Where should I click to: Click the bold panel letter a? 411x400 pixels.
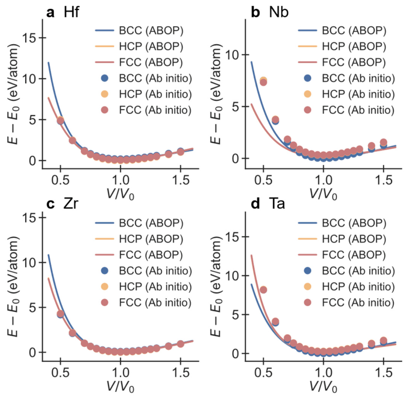50,13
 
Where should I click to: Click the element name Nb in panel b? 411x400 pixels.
279,12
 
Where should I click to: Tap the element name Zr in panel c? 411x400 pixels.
71,204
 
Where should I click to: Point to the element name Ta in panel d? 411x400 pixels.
277,204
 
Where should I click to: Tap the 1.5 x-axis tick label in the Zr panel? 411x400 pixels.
180,372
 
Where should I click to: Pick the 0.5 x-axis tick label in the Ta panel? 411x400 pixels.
263,372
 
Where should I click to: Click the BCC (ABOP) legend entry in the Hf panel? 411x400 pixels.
139,30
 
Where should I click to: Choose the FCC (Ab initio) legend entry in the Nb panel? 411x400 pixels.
347,110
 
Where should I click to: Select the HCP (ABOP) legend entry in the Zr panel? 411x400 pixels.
139,239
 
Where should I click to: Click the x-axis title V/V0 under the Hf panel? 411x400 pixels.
121,195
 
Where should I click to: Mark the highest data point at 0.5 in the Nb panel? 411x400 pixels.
263,80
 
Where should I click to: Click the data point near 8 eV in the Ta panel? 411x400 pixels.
263,290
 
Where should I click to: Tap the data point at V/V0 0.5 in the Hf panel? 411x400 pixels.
60,121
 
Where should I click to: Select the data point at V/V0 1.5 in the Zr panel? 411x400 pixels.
180,344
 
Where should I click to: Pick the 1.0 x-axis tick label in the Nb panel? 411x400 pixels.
323,180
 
